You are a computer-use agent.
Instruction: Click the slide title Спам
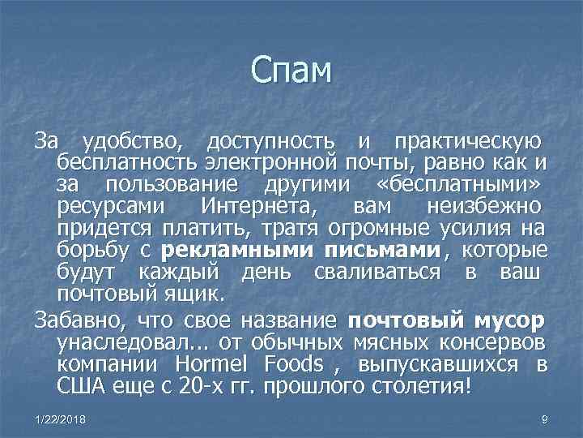coord(291,71)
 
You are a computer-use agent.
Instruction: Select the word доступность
coord(270,143)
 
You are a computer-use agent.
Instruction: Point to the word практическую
coord(460,143)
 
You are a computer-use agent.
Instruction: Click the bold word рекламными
coord(228,249)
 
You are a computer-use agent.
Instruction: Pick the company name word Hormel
coord(209,362)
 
